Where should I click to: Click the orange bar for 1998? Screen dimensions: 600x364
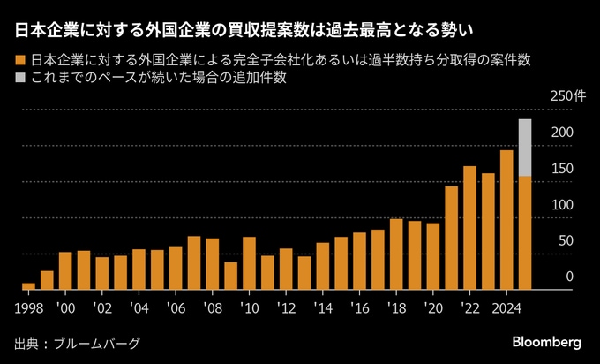pos(29,286)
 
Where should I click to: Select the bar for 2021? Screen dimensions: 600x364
pos(452,238)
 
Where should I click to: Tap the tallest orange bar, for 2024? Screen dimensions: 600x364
pos(506,220)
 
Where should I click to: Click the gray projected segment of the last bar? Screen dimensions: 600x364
pos(525,148)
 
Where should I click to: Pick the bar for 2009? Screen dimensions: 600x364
pos(231,276)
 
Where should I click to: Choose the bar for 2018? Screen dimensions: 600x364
pos(396,254)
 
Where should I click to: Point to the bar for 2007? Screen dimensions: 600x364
pos(194,263)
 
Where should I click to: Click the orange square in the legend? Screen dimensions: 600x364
pos(20,61)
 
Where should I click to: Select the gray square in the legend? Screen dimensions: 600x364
pos(20,78)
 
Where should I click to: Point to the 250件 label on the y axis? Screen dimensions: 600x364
pos(568,96)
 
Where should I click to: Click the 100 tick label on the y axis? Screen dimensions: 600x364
pos(563,205)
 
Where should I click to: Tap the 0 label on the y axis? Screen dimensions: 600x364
pos(570,277)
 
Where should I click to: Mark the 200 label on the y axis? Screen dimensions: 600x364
pos(563,133)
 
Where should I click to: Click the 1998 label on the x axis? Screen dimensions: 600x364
pos(29,309)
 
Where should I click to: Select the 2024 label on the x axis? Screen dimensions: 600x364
pos(506,309)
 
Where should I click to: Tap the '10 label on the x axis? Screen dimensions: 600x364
pos(249,309)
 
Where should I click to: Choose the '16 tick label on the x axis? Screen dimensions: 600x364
pos(360,309)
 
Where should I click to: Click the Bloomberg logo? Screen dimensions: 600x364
pos(547,342)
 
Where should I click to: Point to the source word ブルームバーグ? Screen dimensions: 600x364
pos(97,344)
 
